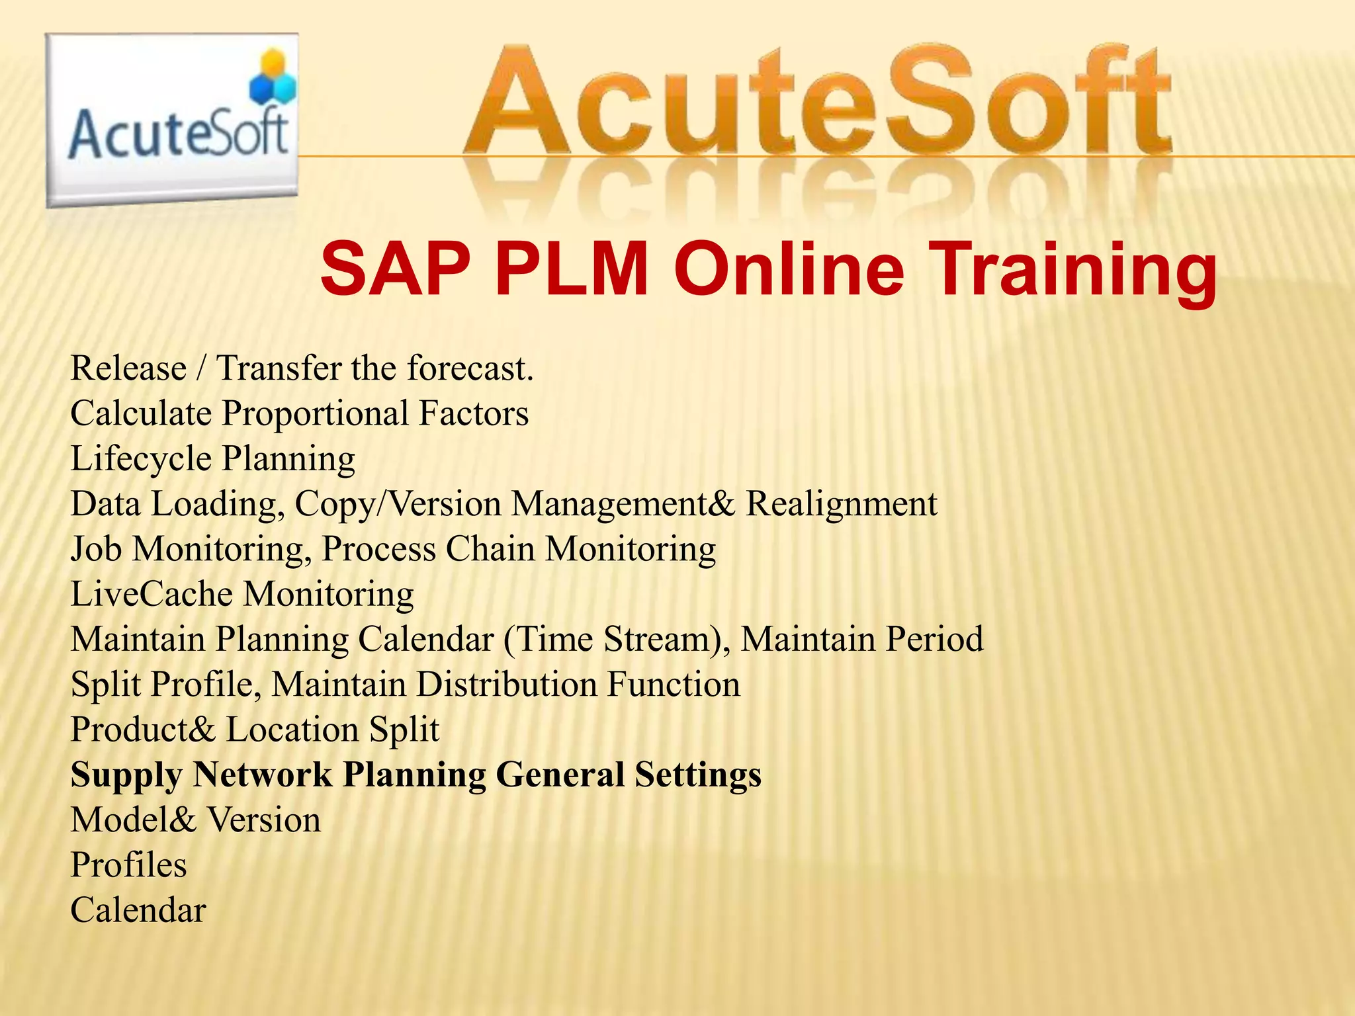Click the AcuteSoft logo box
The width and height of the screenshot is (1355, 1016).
click(x=172, y=120)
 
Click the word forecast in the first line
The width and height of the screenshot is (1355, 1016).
click(x=469, y=368)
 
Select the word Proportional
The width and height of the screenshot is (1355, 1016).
click(x=315, y=413)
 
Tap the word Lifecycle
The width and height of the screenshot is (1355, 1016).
click(x=141, y=458)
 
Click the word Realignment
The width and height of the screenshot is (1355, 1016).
click(x=842, y=503)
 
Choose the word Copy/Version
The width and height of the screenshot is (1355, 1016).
click(x=398, y=503)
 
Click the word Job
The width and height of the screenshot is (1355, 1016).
click(x=96, y=548)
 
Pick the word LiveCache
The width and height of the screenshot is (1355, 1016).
click(x=152, y=593)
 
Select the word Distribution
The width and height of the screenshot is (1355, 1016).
click(x=507, y=684)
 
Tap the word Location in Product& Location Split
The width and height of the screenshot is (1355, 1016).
click(x=293, y=729)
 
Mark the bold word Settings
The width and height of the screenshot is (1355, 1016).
click(x=697, y=775)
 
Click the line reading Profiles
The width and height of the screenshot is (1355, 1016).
click(x=129, y=865)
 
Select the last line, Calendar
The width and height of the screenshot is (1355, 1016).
click(x=138, y=910)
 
